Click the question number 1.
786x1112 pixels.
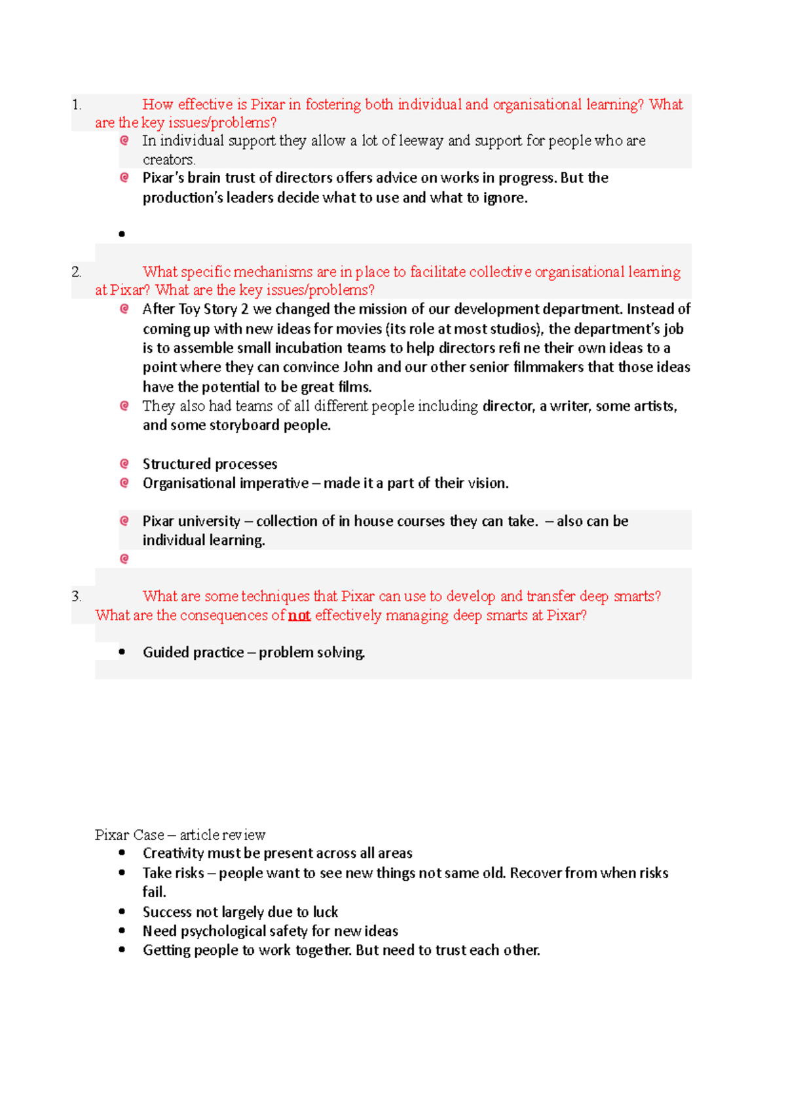click(x=77, y=105)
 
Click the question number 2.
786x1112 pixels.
click(x=77, y=272)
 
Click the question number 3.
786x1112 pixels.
click(x=77, y=597)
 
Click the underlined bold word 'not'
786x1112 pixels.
click(x=299, y=616)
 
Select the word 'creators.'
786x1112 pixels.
click(x=169, y=160)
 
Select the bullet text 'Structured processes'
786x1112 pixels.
click(x=210, y=464)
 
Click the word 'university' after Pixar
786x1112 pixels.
click(x=209, y=521)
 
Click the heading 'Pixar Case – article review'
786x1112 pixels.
click(x=180, y=835)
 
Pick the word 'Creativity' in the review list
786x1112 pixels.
click(x=174, y=853)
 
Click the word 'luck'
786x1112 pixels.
click(x=326, y=912)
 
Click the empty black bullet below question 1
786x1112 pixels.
click(x=122, y=234)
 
